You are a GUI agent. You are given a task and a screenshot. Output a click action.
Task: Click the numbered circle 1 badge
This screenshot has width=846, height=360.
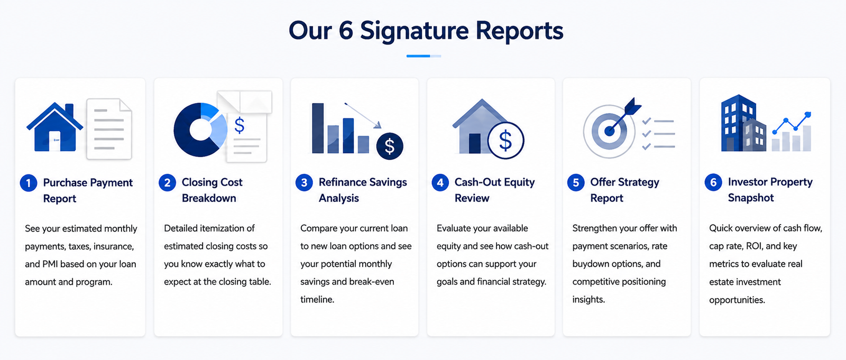pyautogui.click(x=29, y=183)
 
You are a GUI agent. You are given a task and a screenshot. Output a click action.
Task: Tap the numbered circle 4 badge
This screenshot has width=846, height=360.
pyautogui.click(x=440, y=182)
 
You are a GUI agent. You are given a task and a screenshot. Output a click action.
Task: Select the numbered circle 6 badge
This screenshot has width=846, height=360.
pyautogui.click(x=713, y=182)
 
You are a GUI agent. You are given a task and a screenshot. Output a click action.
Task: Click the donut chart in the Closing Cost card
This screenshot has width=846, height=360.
pyautogui.click(x=200, y=130)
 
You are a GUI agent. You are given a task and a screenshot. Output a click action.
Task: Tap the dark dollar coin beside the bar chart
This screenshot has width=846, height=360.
pyautogui.click(x=389, y=146)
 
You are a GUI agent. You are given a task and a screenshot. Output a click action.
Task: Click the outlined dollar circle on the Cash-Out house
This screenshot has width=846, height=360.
pyautogui.click(x=505, y=140)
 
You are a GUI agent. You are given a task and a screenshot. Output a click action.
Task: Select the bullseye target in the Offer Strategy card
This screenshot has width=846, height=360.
pyautogui.click(x=609, y=131)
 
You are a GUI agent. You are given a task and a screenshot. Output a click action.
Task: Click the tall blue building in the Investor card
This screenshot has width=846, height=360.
pyautogui.click(x=738, y=123)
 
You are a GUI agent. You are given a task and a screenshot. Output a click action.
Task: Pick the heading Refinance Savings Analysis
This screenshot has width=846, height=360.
pyautogui.click(x=363, y=190)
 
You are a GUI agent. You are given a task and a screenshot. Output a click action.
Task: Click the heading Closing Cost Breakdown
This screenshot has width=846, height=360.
pyautogui.click(x=212, y=190)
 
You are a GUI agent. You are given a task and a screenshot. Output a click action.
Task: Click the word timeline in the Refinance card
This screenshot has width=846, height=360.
pyautogui.click(x=317, y=300)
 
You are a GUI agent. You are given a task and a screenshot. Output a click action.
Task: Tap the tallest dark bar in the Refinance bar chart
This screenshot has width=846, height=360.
pyautogui.click(x=318, y=128)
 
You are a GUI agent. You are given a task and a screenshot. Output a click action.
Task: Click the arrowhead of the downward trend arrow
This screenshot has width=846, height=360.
pyautogui.click(x=378, y=125)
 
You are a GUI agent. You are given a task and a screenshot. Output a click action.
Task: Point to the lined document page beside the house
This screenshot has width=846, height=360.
pyautogui.click(x=109, y=129)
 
